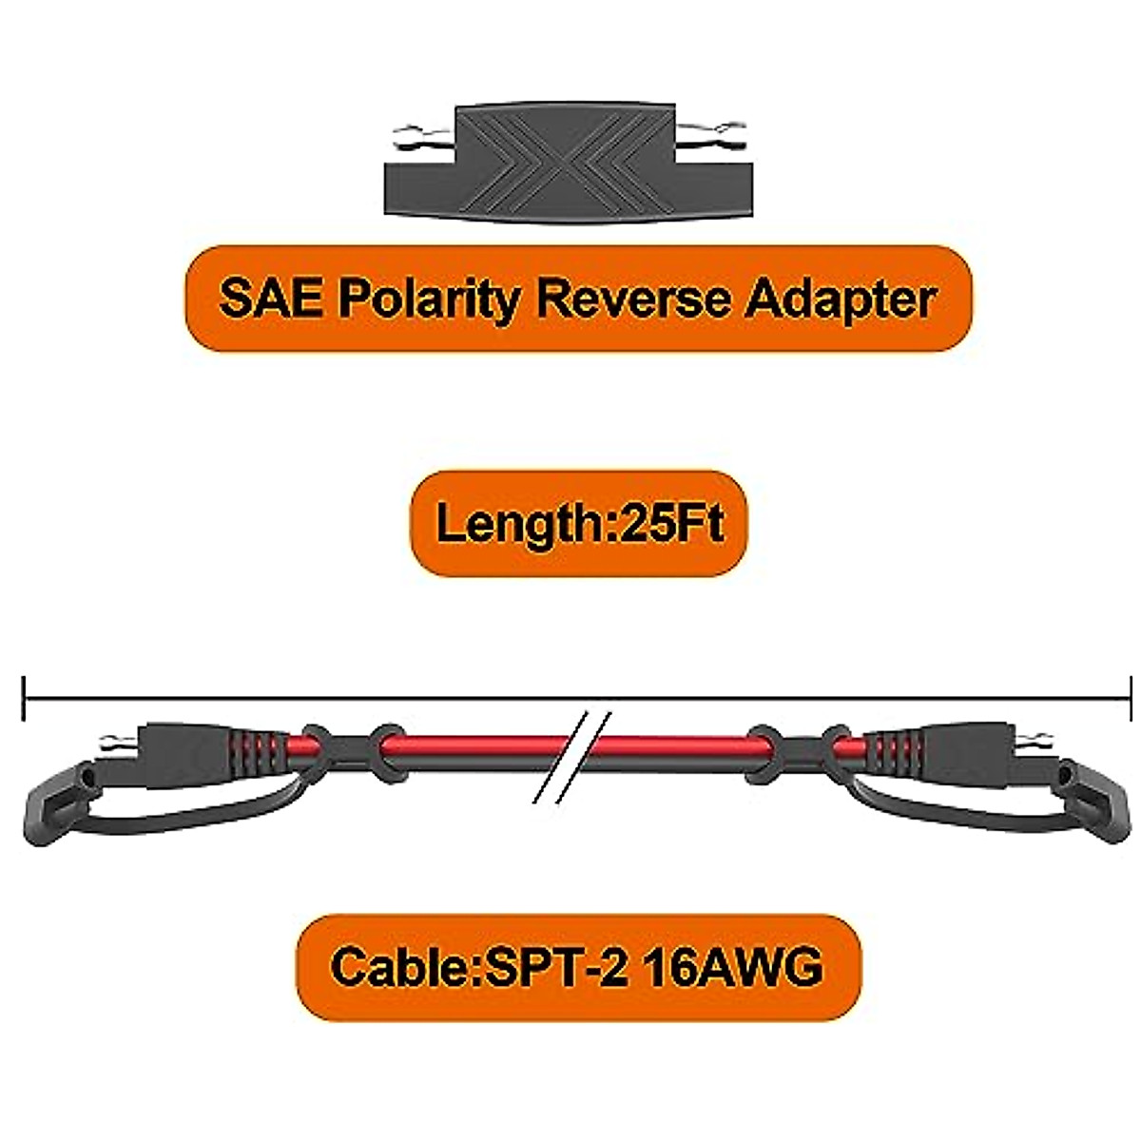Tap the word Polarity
click(419, 300)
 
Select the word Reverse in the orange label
click(628, 299)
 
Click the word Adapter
click(837, 300)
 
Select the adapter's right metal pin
click(723, 127)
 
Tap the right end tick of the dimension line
click(1130, 698)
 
